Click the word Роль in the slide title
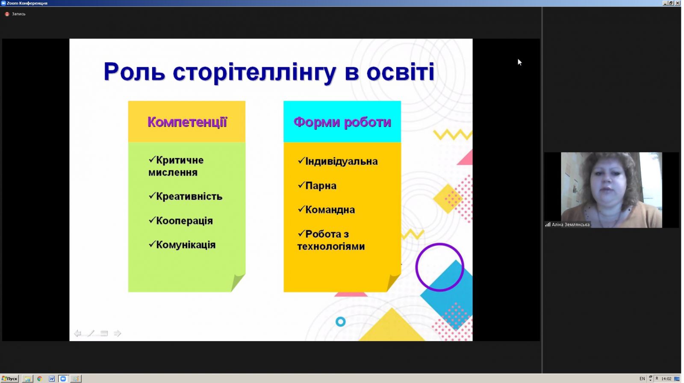[x=134, y=72]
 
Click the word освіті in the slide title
[x=400, y=72]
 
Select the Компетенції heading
[x=187, y=122]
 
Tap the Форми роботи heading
[x=342, y=122]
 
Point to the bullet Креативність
[x=186, y=196]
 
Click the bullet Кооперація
[x=181, y=220]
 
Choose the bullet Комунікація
[x=182, y=244]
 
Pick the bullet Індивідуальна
[x=338, y=161]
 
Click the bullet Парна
[x=317, y=185]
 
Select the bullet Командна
[x=326, y=209]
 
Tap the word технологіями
[x=331, y=246]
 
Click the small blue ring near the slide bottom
[x=340, y=319]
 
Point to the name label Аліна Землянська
[x=570, y=225]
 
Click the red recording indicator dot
[x=7, y=14]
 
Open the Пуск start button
[x=9, y=379]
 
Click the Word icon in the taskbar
[x=52, y=379]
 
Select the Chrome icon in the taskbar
[x=39, y=379]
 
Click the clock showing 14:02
[x=666, y=379]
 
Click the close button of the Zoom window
[x=677, y=3]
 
